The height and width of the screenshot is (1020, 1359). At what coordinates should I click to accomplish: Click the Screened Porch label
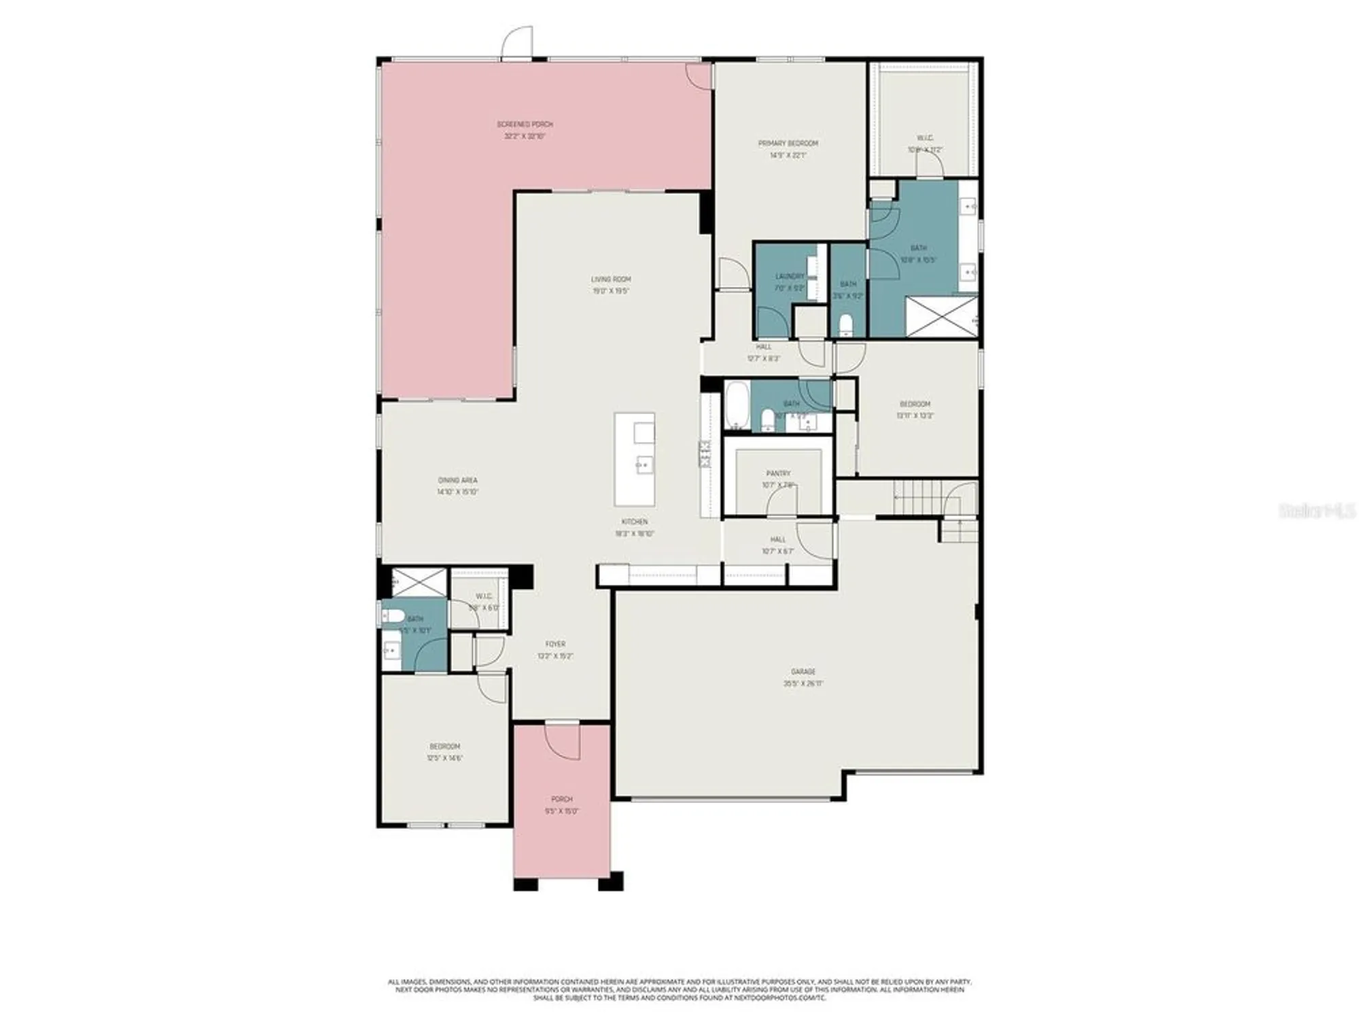(x=525, y=124)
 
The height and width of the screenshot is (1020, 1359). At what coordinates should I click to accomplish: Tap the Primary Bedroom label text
(x=788, y=143)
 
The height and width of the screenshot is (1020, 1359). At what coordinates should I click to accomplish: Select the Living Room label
(x=610, y=279)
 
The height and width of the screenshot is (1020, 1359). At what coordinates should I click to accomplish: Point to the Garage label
(x=802, y=671)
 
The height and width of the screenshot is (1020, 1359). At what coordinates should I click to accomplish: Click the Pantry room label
(x=778, y=473)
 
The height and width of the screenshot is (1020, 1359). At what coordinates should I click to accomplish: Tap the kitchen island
(x=635, y=459)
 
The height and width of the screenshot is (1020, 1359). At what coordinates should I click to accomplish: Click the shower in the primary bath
(x=941, y=316)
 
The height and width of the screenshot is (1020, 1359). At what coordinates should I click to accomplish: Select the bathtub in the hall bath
(x=737, y=405)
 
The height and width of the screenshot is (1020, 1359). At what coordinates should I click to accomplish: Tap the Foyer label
(x=555, y=644)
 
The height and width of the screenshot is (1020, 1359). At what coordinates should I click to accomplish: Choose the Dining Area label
(x=457, y=480)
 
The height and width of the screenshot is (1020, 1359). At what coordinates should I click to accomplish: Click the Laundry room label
(x=789, y=276)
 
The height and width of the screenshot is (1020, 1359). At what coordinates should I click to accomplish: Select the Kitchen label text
(x=634, y=522)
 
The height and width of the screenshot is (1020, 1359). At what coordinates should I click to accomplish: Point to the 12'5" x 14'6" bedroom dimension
(x=444, y=758)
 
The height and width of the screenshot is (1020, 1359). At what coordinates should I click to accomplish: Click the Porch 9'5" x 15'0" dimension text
(x=562, y=811)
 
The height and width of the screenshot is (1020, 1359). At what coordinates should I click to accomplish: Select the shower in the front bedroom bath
(x=419, y=583)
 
